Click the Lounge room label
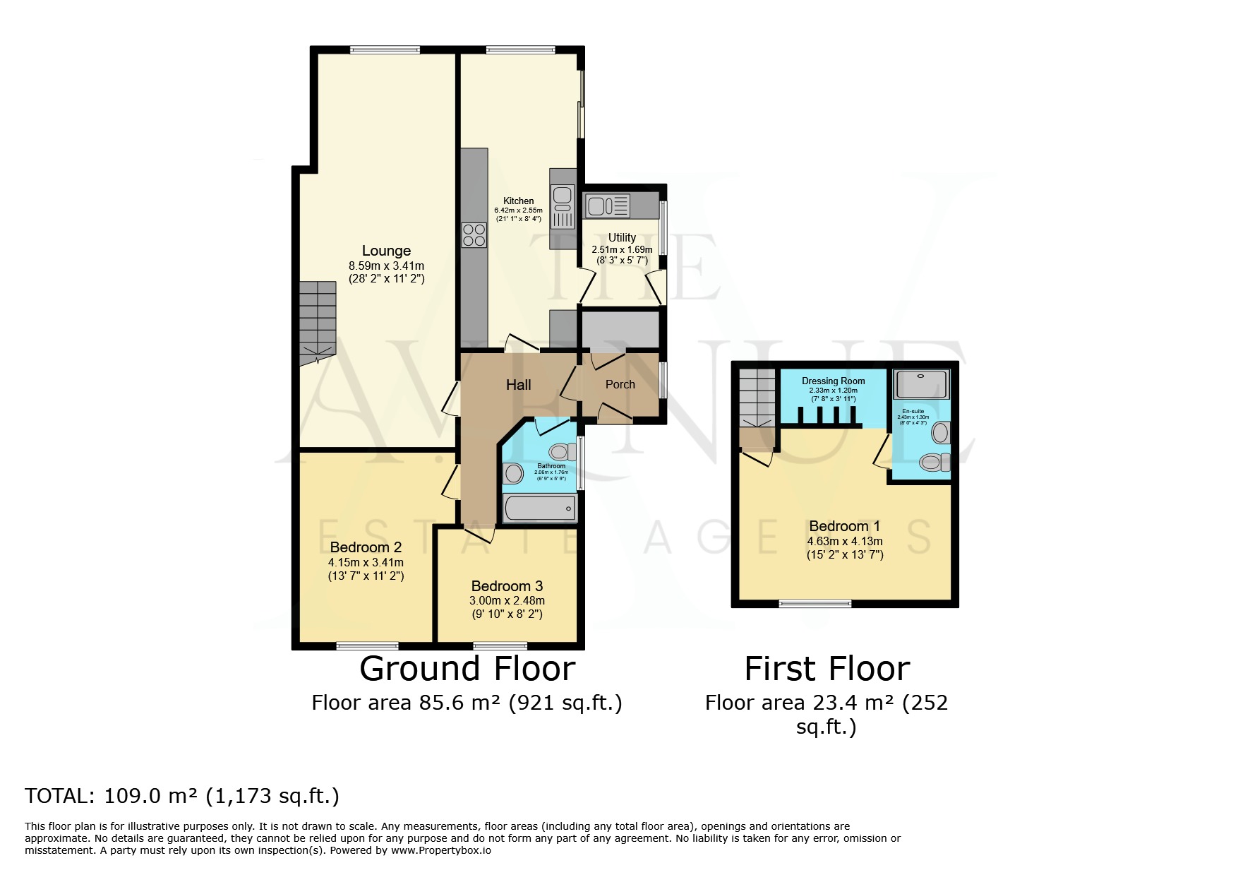[x=386, y=251]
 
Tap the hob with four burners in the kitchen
[x=474, y=235]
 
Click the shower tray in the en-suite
[x=921, y=384]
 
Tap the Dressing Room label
[x=833, y=381]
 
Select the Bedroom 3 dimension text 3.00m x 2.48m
[x=507, y=601]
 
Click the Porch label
[x=620, y=384]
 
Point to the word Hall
[x=519, y=385]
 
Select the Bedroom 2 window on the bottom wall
[x=367, y=645]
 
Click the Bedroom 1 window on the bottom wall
[x=815, y=603]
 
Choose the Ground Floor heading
[x=467, y=669]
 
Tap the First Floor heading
[x=827, y=669]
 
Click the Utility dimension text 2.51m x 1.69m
[x=622, y=249]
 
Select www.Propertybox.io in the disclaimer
[x=440, y=850]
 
